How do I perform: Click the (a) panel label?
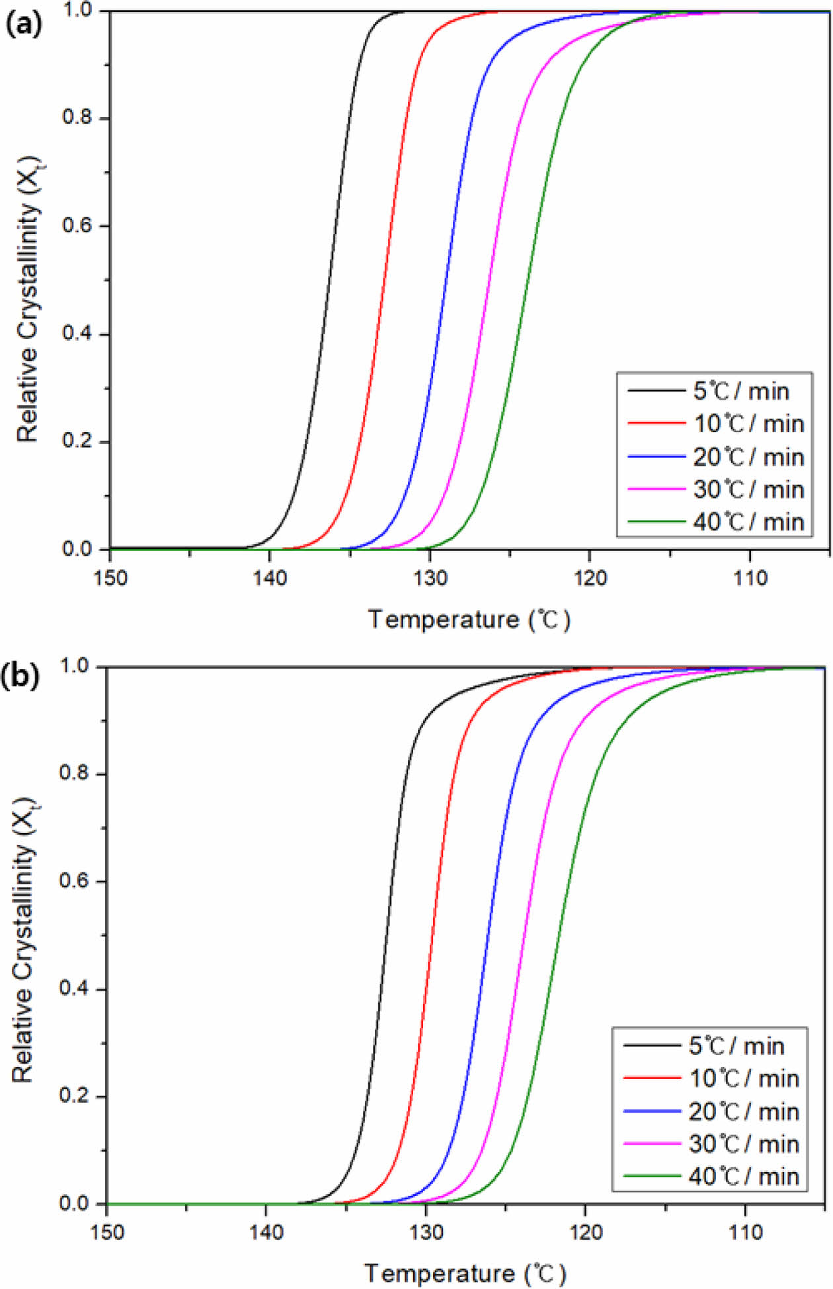click(x=23, y=24)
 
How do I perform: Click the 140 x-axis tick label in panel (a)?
click(x=270, y=578)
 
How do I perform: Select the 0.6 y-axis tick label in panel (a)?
click(x=77, y=226)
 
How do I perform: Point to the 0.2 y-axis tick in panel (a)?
click(x=77, y=441)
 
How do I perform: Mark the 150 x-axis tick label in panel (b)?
click(x=106, y=1233)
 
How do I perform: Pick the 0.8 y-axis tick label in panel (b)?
click(x=74, y=773)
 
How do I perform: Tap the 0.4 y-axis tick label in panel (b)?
click(x=74, y=989)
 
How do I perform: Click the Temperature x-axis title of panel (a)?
click(x=469, y=620)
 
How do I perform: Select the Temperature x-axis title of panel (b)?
click(x=465, y=1273)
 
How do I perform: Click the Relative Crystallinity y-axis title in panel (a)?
click(x=28, y=299)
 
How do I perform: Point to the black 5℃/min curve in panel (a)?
click(x=331, y=277)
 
